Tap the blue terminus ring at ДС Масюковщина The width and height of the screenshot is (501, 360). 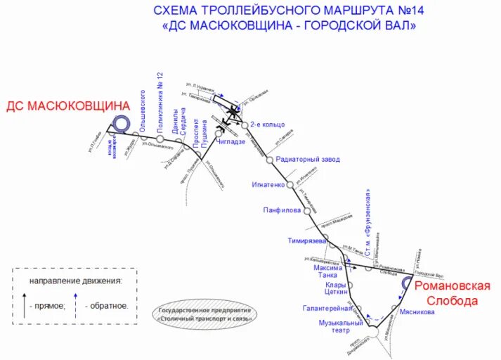click(x=122, y=124)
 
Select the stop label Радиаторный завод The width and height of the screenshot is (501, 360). click(x=308, y=160)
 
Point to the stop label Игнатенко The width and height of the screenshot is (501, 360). click(x=268, y=185)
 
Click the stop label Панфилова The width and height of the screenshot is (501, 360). click(x=282, y=210)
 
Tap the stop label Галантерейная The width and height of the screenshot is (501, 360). click(x=327, y=308)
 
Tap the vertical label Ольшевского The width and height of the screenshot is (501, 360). click(x=142, y=110)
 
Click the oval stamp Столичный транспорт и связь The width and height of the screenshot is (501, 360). click(x=205, y=313)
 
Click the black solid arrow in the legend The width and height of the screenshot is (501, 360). click(x=25, y=306)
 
